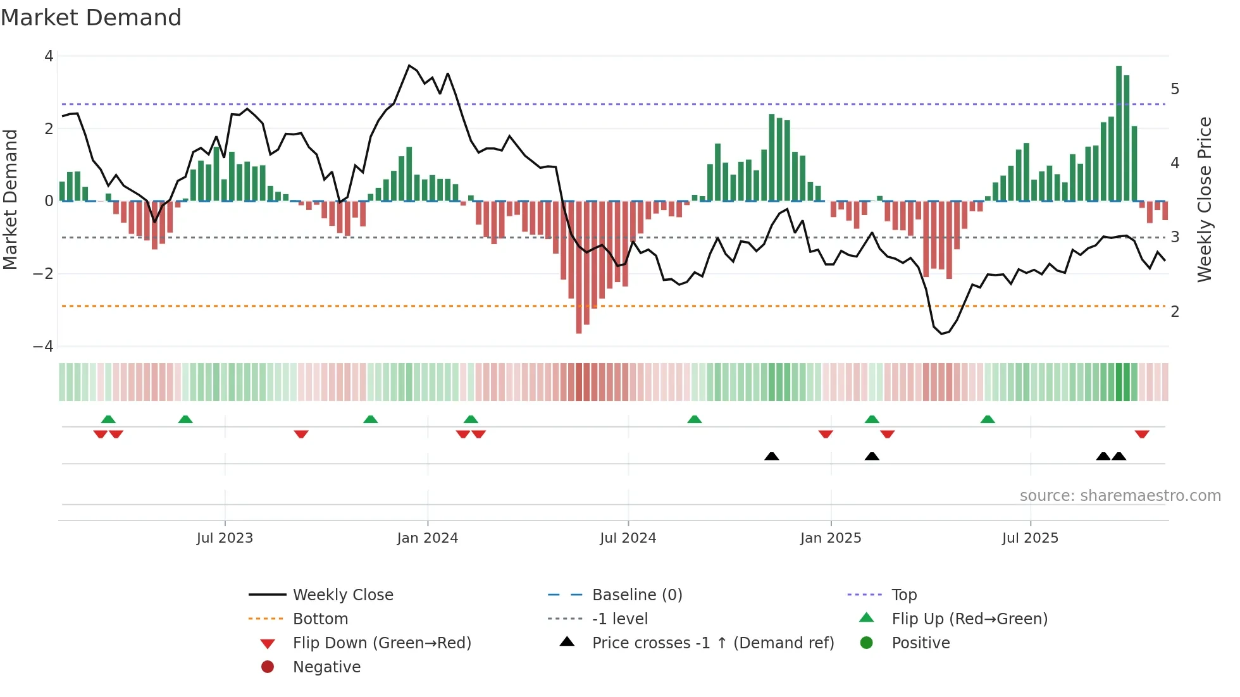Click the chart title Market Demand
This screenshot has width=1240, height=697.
click(91, 18)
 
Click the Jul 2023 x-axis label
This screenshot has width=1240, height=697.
click(225, 538)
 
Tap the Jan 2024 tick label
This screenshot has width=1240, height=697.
click(427, 538)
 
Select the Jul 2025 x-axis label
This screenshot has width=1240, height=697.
click(1030, 538)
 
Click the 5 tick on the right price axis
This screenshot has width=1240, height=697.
click(1175, 89)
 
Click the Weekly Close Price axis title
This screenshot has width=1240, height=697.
click(1205, 199)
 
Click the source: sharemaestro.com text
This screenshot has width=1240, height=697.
click(1120, 496)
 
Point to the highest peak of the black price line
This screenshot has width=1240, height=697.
click(409, 66)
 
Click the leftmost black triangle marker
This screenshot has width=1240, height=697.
click(771, 456)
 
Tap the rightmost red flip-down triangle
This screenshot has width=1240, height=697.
click(1141, 434)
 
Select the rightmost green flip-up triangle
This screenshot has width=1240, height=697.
click(988, 419)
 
